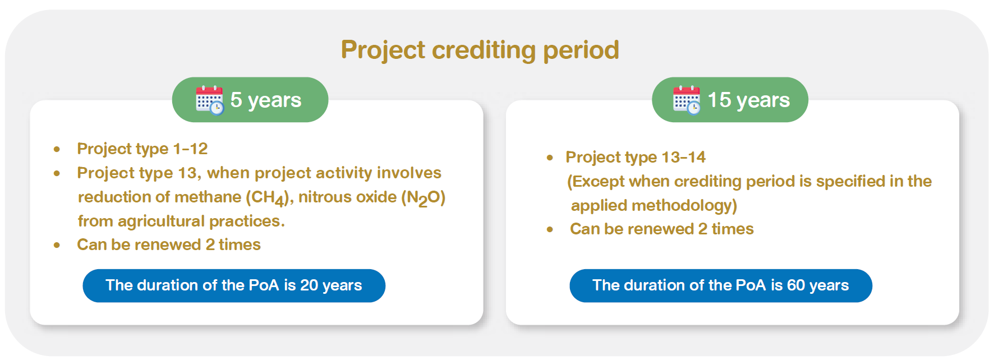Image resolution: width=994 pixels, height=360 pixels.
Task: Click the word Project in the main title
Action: [x=383, y=50]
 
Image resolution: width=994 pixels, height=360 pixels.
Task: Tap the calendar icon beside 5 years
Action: [x=209, y=100]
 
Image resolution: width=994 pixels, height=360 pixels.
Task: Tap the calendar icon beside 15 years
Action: [x=687, y=100]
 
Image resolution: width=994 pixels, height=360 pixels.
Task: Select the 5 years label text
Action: [x=266, y=100]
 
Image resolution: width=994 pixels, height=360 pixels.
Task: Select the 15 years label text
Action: [x=748, y=100]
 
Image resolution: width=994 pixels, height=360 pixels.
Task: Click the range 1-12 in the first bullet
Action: [x=190, y=149]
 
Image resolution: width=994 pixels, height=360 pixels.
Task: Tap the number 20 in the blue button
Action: [x=309, y=285]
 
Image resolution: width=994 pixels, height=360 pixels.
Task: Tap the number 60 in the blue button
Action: [x=796, y=285]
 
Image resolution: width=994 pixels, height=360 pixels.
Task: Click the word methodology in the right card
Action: [x=692, y=205]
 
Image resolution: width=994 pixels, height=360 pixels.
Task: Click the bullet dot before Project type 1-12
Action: [x=57, y=149]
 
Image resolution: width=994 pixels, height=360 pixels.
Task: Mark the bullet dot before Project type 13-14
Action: [x=550, y=158]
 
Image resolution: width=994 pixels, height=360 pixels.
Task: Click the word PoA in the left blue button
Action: [x=264, y=285]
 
